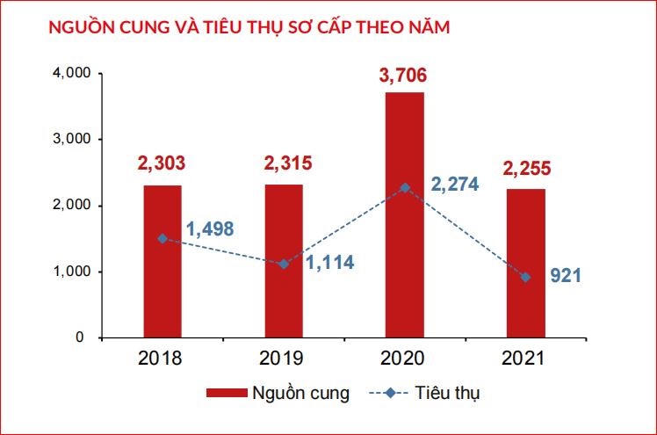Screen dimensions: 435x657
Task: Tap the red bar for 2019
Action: coord(282,264)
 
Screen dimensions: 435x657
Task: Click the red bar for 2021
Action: coord(525,264)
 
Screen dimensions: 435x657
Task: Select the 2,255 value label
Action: coord(525,168)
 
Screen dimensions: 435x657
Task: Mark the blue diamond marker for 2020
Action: coord(404,187)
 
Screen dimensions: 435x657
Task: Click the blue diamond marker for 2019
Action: coord(282,264)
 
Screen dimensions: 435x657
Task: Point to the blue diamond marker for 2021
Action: coord(525,277)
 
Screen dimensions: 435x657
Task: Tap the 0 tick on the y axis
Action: coord(78,337)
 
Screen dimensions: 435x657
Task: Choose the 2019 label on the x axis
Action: coord(282,359)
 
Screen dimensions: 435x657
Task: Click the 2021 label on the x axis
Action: coord(525,359)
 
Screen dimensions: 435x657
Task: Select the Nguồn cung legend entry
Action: coord(277,393)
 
